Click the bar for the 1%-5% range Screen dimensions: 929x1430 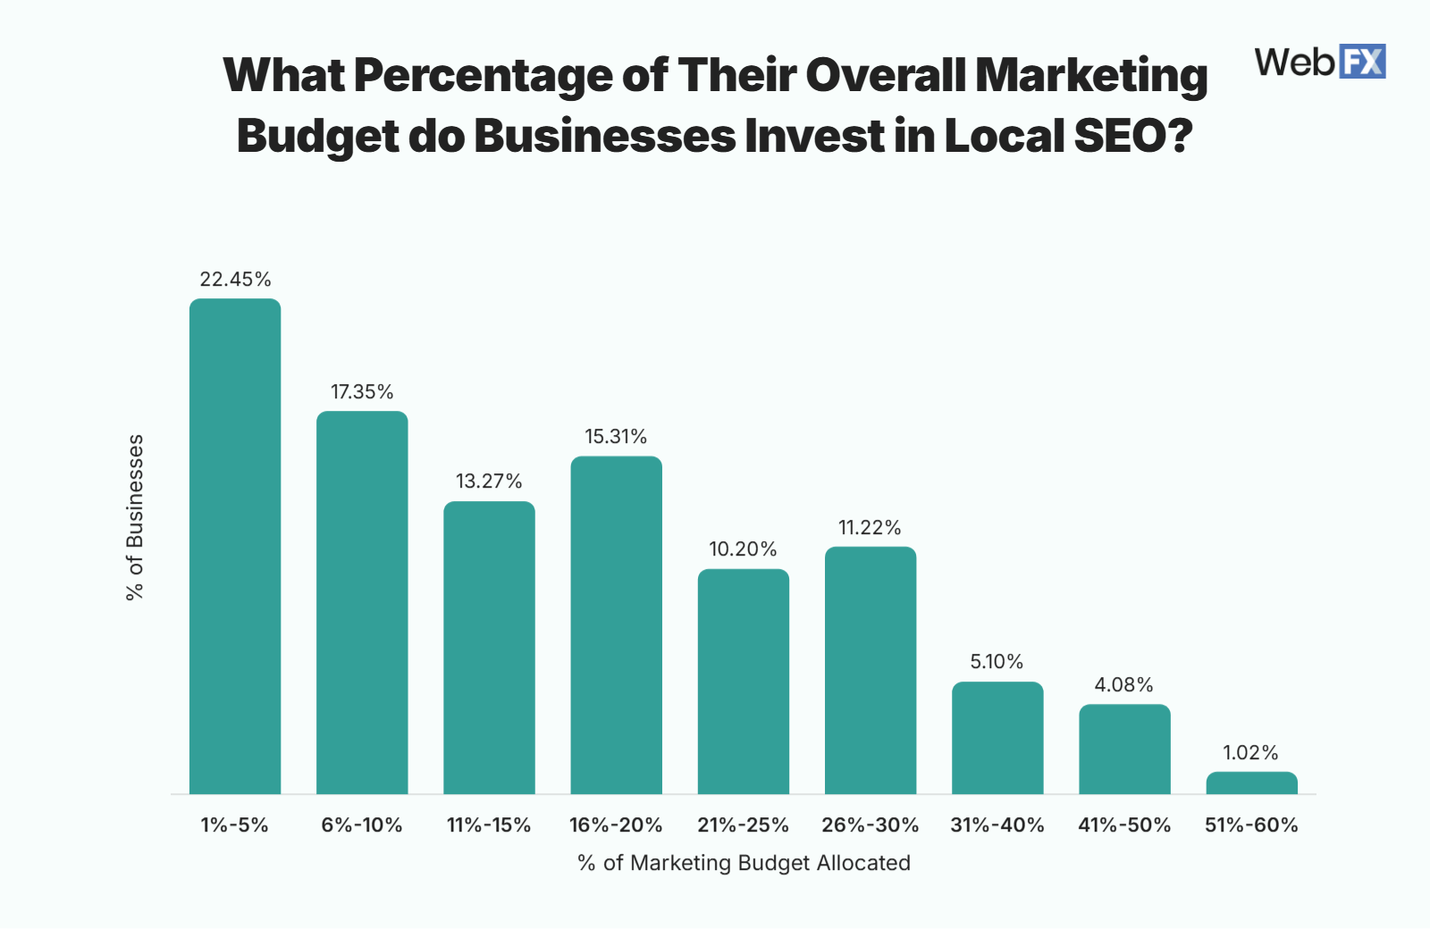[235, 546]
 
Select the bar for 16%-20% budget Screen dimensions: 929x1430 [617, 625]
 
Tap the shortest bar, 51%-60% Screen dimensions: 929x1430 [1251, 783]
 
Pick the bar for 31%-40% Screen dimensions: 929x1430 [997, 738]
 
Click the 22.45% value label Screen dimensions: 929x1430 [235, 280]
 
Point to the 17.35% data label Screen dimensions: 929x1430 [362, 392]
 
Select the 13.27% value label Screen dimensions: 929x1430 [489, 481]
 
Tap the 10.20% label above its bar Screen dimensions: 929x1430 [743, 549]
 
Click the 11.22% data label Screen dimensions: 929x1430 [870, 528]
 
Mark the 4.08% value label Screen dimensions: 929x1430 [1123, 685]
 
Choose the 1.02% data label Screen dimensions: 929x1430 [1250, 753]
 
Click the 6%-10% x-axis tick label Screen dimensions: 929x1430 [362, 825]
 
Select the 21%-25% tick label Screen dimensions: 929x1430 [743, 825]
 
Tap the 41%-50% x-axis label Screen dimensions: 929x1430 [1124, 825]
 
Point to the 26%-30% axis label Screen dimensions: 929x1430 [870, 825]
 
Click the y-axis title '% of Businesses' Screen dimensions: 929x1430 [135, 517]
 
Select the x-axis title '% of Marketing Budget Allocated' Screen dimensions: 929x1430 [744, 863]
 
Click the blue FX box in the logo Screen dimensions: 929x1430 [1362, 62]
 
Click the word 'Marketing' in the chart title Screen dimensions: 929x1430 [1091, 75]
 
